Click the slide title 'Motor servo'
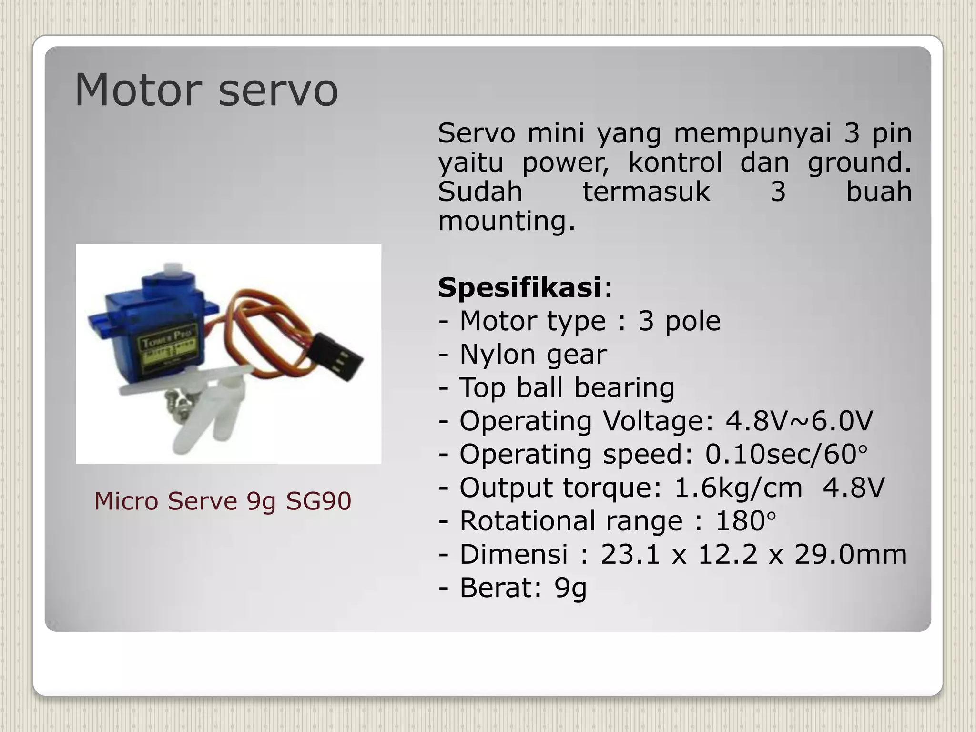pyautogui.click(x=206, y=91)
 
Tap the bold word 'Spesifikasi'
pyautogui.click(x=519, y=288)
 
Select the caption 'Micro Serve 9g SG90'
pyautogui.click(x=223, y=501)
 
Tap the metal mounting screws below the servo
pyautogui.click(x=177, y=399)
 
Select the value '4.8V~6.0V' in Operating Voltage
pyautogui.click(x=799, y=421)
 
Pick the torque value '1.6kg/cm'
pyautogui.click(x=738, y=488)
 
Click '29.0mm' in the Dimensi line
pyautogui.click(x=850, y=555)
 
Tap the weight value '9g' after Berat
pyautogui.click(x=570, y=588)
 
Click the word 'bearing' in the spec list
pyautogui.click(x=624, y=388)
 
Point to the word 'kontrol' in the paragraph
pyautogui.click(x=675, y=163)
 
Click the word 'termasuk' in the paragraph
pyautogui.click(x=646, y=192)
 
